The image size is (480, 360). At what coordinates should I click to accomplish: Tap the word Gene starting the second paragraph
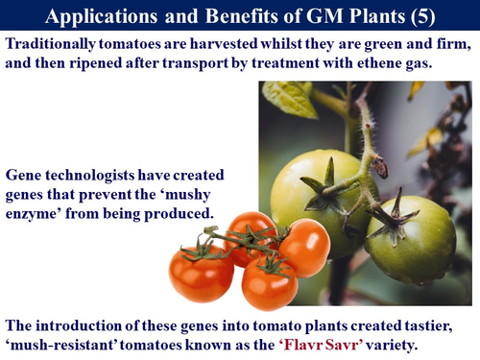tap(26, 178)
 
